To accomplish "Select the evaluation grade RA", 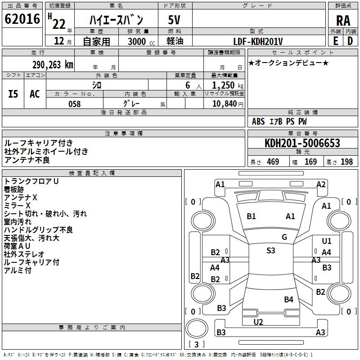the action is click(343, 21).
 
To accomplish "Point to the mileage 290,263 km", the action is click(53, 64).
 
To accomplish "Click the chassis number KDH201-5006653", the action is click(302, 143).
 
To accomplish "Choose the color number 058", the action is click(74, 104).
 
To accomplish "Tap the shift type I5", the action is click(13, 94).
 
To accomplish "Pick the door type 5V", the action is click(175, 20).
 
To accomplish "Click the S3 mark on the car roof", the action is click(270, 251).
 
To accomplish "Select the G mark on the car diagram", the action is click(284, 237).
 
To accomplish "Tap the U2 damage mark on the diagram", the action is click(258, 322).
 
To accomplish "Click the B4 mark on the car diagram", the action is click(288, 299).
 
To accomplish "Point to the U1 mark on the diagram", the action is click(326, 241).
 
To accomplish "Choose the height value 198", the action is click(347, 162).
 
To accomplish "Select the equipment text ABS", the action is click(258, 121).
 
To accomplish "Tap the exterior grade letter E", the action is click(335, 40).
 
